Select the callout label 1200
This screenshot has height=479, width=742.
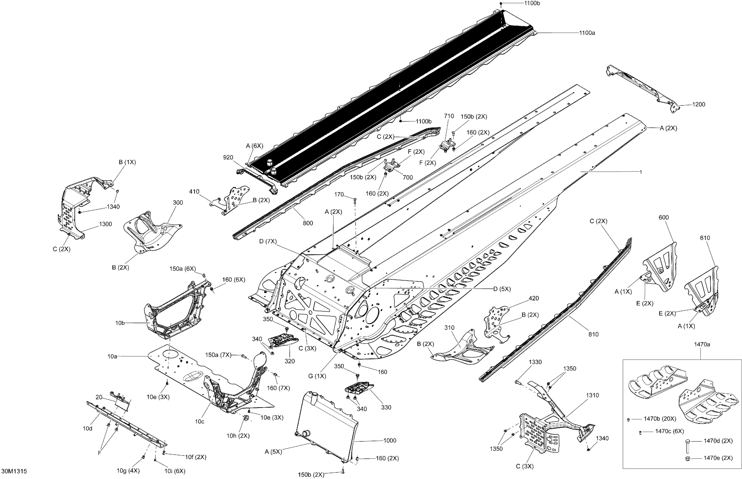(698, 105)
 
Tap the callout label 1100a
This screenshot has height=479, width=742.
(587, 33)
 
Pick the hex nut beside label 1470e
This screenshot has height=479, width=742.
(688, 458)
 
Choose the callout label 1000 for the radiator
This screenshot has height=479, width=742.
(390, 440)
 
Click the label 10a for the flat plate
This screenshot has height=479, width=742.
(112, 356)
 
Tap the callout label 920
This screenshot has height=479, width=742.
(228, 158)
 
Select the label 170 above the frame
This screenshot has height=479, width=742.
(339, 194)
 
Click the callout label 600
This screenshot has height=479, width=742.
(664, 218)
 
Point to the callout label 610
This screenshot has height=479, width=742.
(705, 238)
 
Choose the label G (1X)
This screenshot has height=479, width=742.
(317, 376)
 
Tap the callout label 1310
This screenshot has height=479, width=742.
(592, 395)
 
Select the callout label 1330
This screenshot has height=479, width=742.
(535, 362)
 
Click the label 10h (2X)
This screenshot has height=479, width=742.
(238, 436)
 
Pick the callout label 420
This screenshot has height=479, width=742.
(534, 298)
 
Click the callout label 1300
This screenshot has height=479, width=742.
(105, 224)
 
